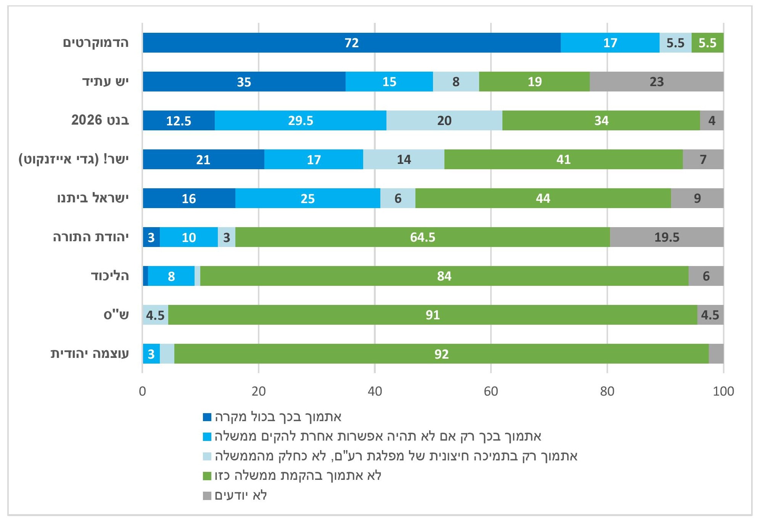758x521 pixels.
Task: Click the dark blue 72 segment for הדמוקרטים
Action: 351,43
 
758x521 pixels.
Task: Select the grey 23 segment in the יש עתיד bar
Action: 656,82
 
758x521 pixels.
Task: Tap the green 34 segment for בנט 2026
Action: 601,120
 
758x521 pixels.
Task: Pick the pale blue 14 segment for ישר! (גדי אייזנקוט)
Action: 404,159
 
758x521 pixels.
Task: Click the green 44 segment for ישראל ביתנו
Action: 543,198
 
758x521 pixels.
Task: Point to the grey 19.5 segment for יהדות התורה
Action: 666,237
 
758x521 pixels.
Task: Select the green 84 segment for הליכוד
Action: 444,276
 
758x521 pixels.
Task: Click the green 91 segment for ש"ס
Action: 433,315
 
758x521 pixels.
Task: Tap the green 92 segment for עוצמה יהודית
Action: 441,354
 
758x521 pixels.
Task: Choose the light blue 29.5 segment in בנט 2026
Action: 300,120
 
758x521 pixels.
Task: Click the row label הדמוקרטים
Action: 96,42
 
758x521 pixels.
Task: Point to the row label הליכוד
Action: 110,276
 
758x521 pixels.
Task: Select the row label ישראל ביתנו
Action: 93,198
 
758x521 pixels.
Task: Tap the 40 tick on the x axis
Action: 375,391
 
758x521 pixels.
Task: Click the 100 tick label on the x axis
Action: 723,391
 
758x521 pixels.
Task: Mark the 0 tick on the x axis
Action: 143,391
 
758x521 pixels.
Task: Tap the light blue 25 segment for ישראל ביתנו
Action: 307,198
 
